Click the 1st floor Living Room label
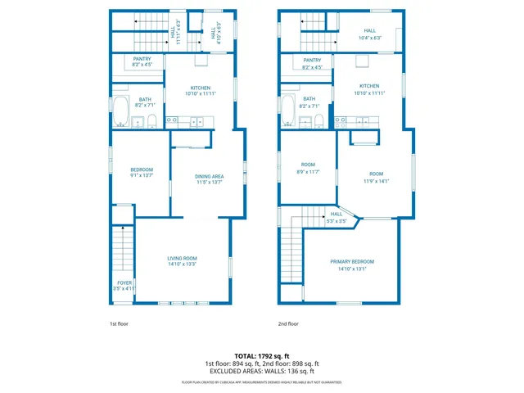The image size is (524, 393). (182, 260)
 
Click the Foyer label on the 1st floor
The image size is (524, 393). (124, 286)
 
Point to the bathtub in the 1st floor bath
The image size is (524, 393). (121, 111)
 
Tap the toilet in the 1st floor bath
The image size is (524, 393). (151, 122)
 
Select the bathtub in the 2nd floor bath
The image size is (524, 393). (289, 111)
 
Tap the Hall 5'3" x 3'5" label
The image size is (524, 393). (337, 217)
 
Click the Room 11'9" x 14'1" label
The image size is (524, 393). (376, 177)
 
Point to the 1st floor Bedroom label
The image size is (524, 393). (142, 172)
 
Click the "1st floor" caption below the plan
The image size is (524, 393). (120, 323)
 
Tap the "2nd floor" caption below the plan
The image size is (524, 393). (288, 323)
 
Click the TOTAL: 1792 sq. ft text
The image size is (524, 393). (262, 356)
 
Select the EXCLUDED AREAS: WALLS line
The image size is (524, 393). (262, 371)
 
